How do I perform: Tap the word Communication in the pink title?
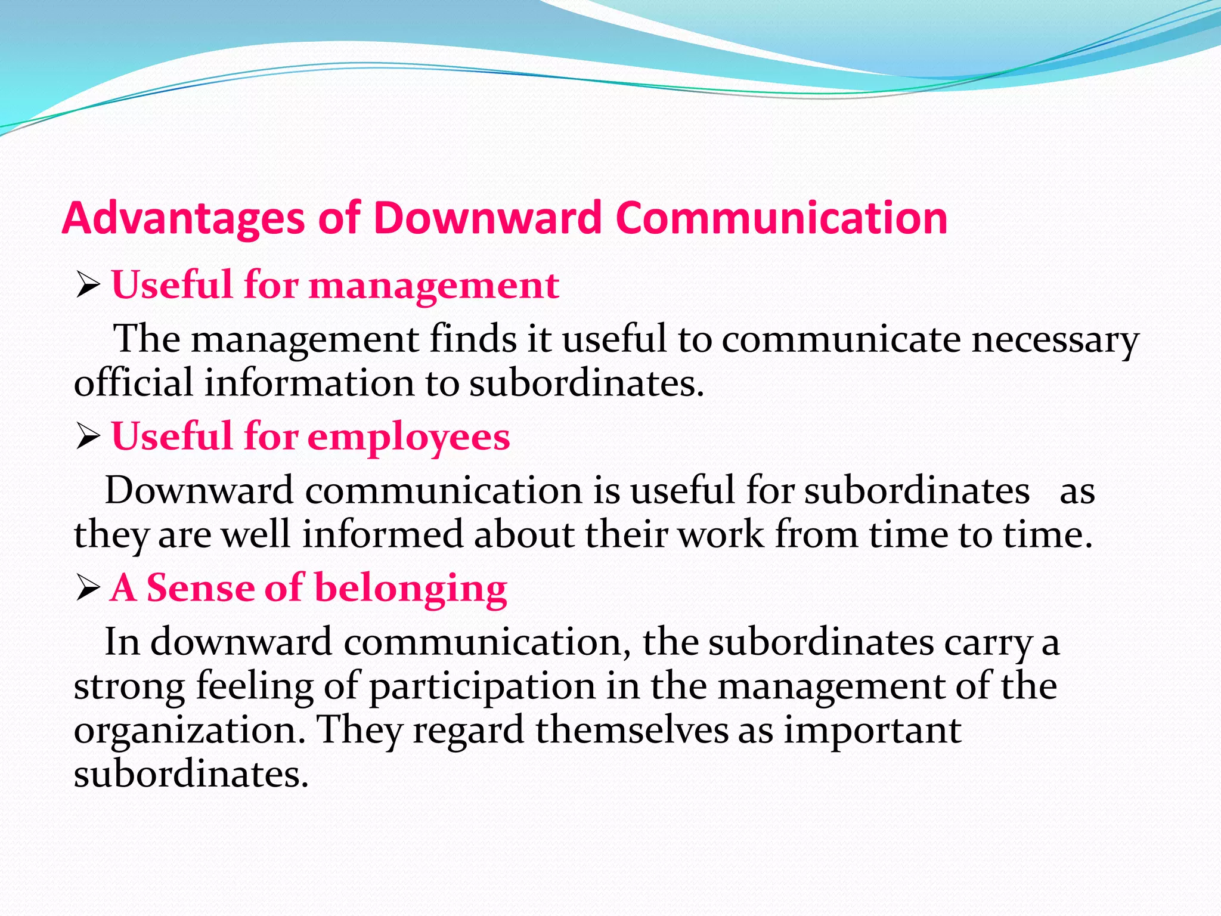click(x=782, y=218)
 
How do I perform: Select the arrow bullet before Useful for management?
click(x=88, y=286)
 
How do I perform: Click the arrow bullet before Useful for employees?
click(x=88, y=438)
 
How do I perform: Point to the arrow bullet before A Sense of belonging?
click(x=88, y=590)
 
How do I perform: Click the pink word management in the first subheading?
click(x=433, y=286)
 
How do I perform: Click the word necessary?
click(x=1055, y=340)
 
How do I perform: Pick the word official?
click(x=133, y=383)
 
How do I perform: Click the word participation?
click(x=482, y=687)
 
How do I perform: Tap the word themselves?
click(x=632, y=730)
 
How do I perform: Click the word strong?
click(x=129, y=687)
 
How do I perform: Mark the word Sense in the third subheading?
click(x=200, y=589)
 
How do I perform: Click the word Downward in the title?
click(x=488, y=218)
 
